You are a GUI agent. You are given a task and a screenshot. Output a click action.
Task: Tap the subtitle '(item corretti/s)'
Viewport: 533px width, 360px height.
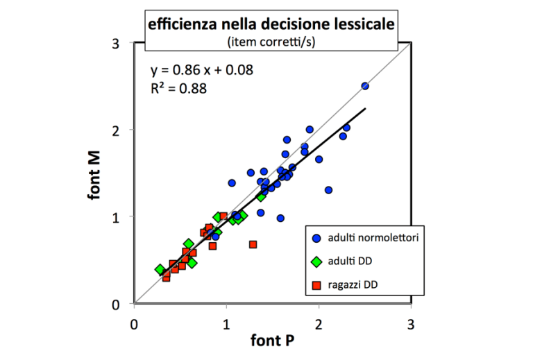tap(271, 42)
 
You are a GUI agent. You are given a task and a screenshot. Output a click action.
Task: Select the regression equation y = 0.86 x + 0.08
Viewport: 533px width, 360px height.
tap(202, 69)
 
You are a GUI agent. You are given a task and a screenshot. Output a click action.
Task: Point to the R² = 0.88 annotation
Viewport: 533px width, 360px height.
tap(178, 88)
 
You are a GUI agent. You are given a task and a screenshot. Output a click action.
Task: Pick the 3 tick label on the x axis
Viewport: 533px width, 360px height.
tap(411, 323)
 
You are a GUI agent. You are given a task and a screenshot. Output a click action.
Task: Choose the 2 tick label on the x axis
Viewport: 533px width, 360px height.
tap(319, 323)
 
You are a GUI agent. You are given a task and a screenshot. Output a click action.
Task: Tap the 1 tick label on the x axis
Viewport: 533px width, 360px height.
tap(226, 323)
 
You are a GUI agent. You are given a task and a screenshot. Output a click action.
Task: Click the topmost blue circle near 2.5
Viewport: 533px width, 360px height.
tap(365, 86)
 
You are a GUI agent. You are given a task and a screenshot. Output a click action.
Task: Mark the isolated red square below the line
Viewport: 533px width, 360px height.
tap(253, 244)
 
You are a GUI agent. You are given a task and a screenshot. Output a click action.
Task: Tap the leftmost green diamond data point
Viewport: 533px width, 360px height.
tap(160, 269)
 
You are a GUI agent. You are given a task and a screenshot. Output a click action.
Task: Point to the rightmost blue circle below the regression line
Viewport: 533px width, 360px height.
tap(328, 190)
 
